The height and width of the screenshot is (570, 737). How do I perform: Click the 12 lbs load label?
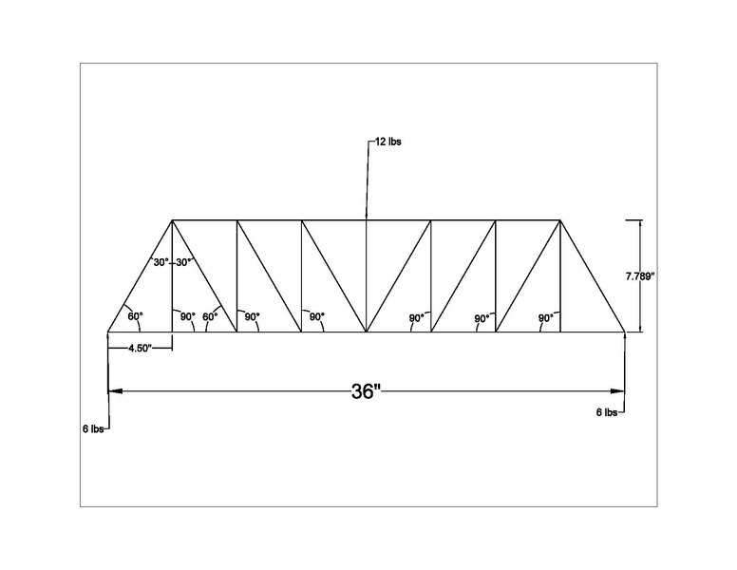click(x=387, y=142)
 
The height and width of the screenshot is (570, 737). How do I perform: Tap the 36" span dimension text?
click(x=366, y=391)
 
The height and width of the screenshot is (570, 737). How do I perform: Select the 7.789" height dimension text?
click(x=640, y=276)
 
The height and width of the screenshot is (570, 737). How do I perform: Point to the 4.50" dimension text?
click(x=140, y=349)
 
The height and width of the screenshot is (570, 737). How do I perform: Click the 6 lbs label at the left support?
click(x=92, y=428)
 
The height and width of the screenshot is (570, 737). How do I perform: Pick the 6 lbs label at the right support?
click(x=607, y=412)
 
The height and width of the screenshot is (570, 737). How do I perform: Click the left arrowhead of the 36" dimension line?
click(x=116, y=390)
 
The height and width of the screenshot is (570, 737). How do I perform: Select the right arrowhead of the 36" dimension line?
click(x=617, y=390)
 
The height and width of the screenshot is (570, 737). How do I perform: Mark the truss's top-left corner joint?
click(x=172, y=219)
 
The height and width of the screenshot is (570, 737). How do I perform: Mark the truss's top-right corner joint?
click(x=560, y=219)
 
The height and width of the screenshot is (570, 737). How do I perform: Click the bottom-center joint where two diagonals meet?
click(x=367, y=332)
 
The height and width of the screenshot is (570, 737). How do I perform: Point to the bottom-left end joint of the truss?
click(x=108, y=332)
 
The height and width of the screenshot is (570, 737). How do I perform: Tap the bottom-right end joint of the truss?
click(x=625, y=332)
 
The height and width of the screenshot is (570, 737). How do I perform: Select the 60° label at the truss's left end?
click(x=135, y=316)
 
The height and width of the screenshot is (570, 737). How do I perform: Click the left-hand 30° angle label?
click(x=161, y=262)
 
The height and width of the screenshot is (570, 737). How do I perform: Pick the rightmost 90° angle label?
click(x=546, y=318)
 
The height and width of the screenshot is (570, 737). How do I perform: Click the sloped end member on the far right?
click(x=593, y=275)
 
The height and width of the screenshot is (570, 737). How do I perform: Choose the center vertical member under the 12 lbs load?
click(x=367, y=275)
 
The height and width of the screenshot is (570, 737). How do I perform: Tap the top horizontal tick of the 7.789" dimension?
click(x=633, y=219)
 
